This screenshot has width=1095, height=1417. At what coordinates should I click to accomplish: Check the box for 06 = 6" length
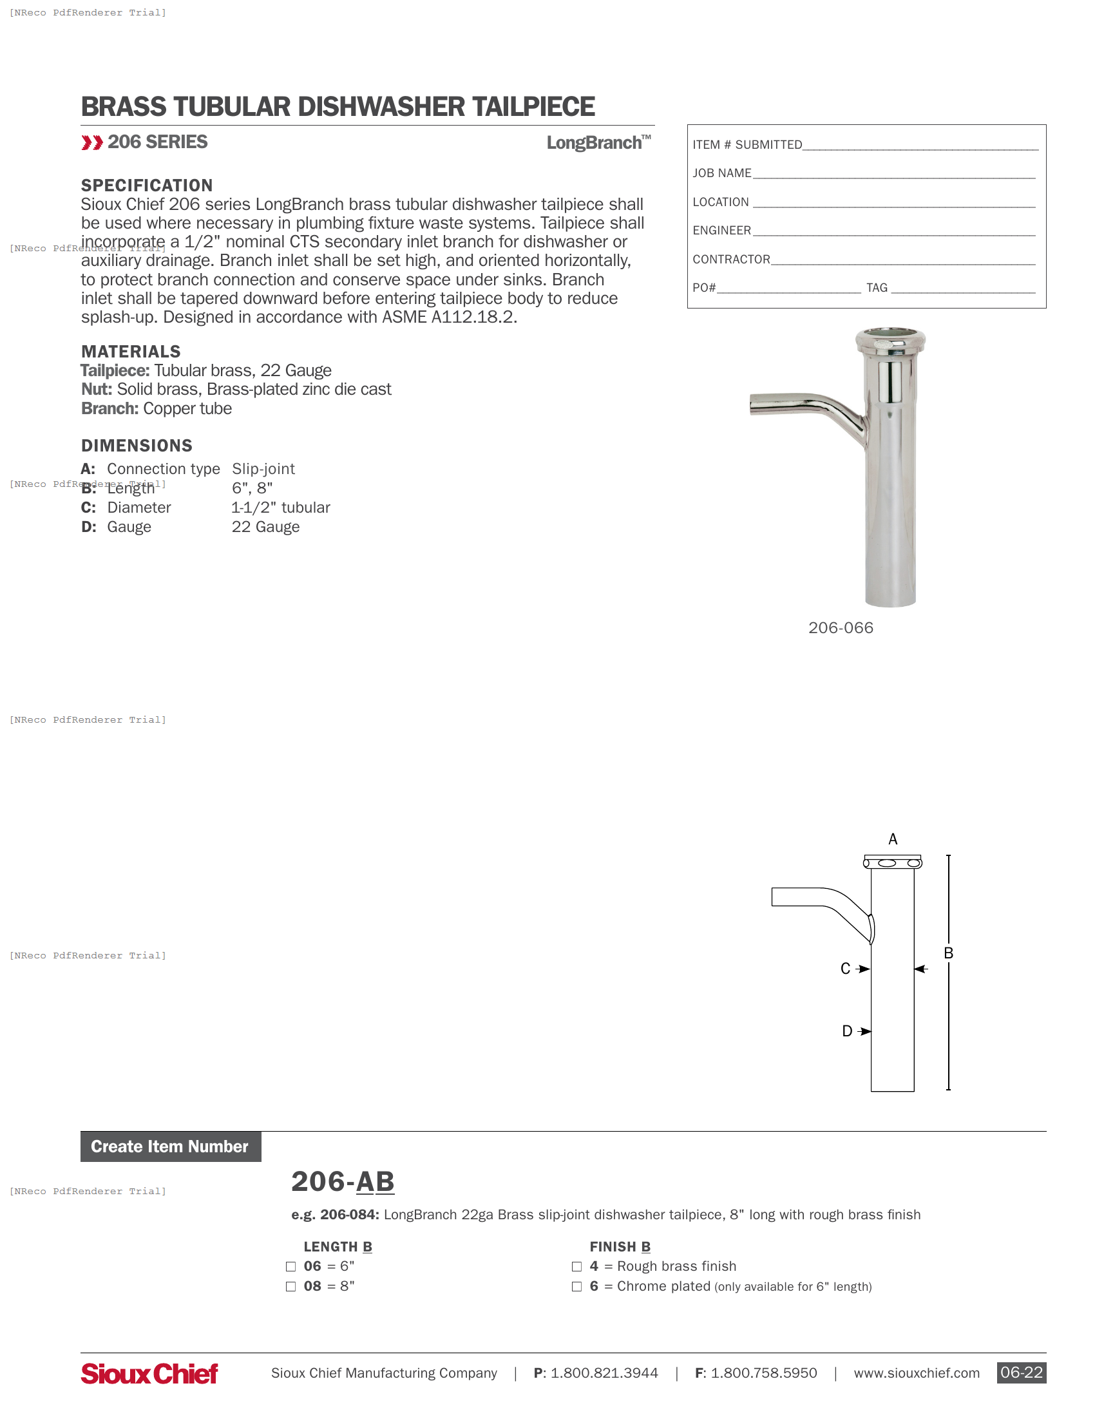pos(290,1266)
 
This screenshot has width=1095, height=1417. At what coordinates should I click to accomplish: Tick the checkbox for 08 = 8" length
pos(290,1287)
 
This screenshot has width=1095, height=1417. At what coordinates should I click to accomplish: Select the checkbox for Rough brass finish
pos(576,1266)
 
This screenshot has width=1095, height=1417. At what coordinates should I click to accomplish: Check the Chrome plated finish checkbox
pos(576,1287)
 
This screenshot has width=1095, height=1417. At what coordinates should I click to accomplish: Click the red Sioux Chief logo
pos(149,1374)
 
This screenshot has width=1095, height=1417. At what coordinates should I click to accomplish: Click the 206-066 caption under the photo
pos(841,628)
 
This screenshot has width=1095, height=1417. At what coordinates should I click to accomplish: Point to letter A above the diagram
pos(893,839)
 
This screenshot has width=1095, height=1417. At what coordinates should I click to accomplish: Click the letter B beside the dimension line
pos(948,953)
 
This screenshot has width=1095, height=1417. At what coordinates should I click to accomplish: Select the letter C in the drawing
pos(845,969)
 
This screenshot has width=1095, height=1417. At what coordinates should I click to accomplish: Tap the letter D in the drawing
pos(846,1031)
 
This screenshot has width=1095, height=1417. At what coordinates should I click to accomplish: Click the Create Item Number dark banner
pos(171,1146)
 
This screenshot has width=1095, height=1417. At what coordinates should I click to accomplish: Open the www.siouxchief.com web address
pos(916,1374)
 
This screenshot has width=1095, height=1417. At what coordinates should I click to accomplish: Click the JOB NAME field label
pos(721,173)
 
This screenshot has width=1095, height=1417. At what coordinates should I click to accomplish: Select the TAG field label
pos(877,288)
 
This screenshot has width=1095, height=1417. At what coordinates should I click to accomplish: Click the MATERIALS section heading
pos(130,352)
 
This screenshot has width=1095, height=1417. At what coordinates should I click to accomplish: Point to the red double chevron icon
pos(92,143)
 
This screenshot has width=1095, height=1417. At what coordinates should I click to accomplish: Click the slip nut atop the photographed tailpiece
pos(890,341)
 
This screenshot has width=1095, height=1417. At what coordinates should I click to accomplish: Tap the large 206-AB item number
pos(343,1181)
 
